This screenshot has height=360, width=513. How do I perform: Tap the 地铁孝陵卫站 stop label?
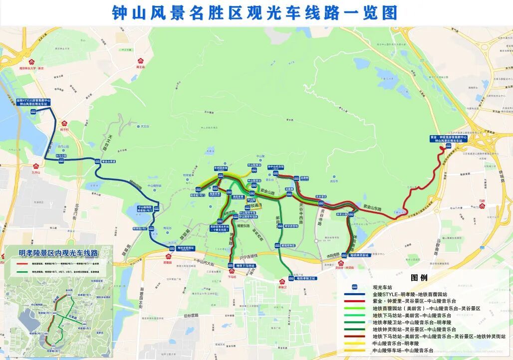coord(305,278)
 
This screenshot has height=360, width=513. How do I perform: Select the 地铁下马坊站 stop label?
coord(245,266)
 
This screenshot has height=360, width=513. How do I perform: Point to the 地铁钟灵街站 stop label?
coord(359,255)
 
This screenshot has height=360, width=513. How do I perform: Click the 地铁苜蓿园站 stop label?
coord(186,248)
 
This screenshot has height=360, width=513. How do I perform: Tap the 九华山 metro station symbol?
coord(35,166)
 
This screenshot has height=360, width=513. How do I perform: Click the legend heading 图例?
coord(419,277)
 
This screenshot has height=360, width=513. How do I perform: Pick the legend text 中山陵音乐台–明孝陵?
coord(396,344)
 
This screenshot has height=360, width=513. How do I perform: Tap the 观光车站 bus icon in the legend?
coord(354,287)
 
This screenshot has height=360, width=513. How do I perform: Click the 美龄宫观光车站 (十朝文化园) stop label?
coord(219,228)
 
